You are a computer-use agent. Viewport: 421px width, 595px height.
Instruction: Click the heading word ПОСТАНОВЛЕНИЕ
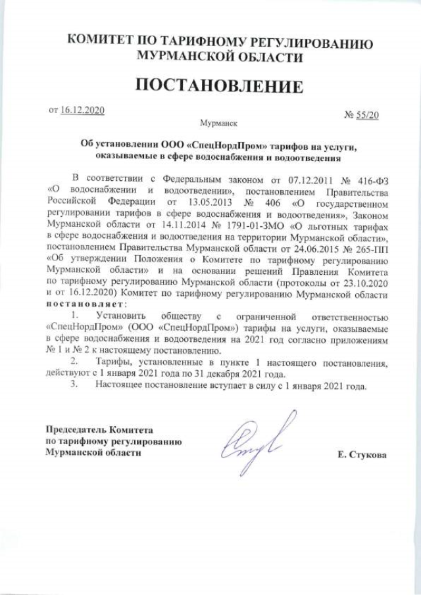tap(220, 86)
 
